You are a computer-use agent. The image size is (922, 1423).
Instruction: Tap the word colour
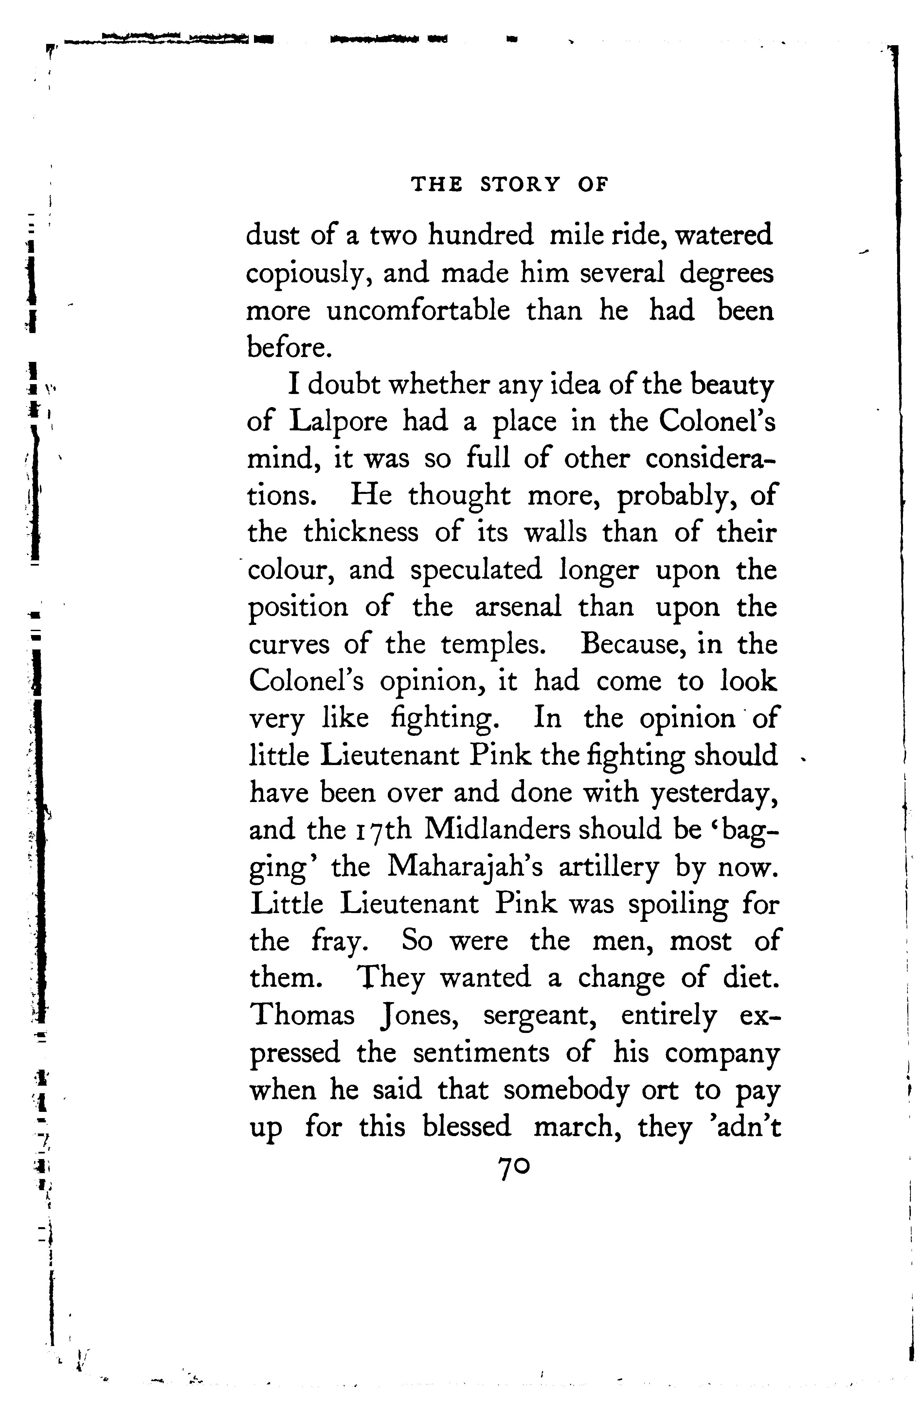pyautogui.click(x=290, y=570)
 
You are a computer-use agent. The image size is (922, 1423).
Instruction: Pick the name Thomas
pyautogui.click(x=302, y=1017)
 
